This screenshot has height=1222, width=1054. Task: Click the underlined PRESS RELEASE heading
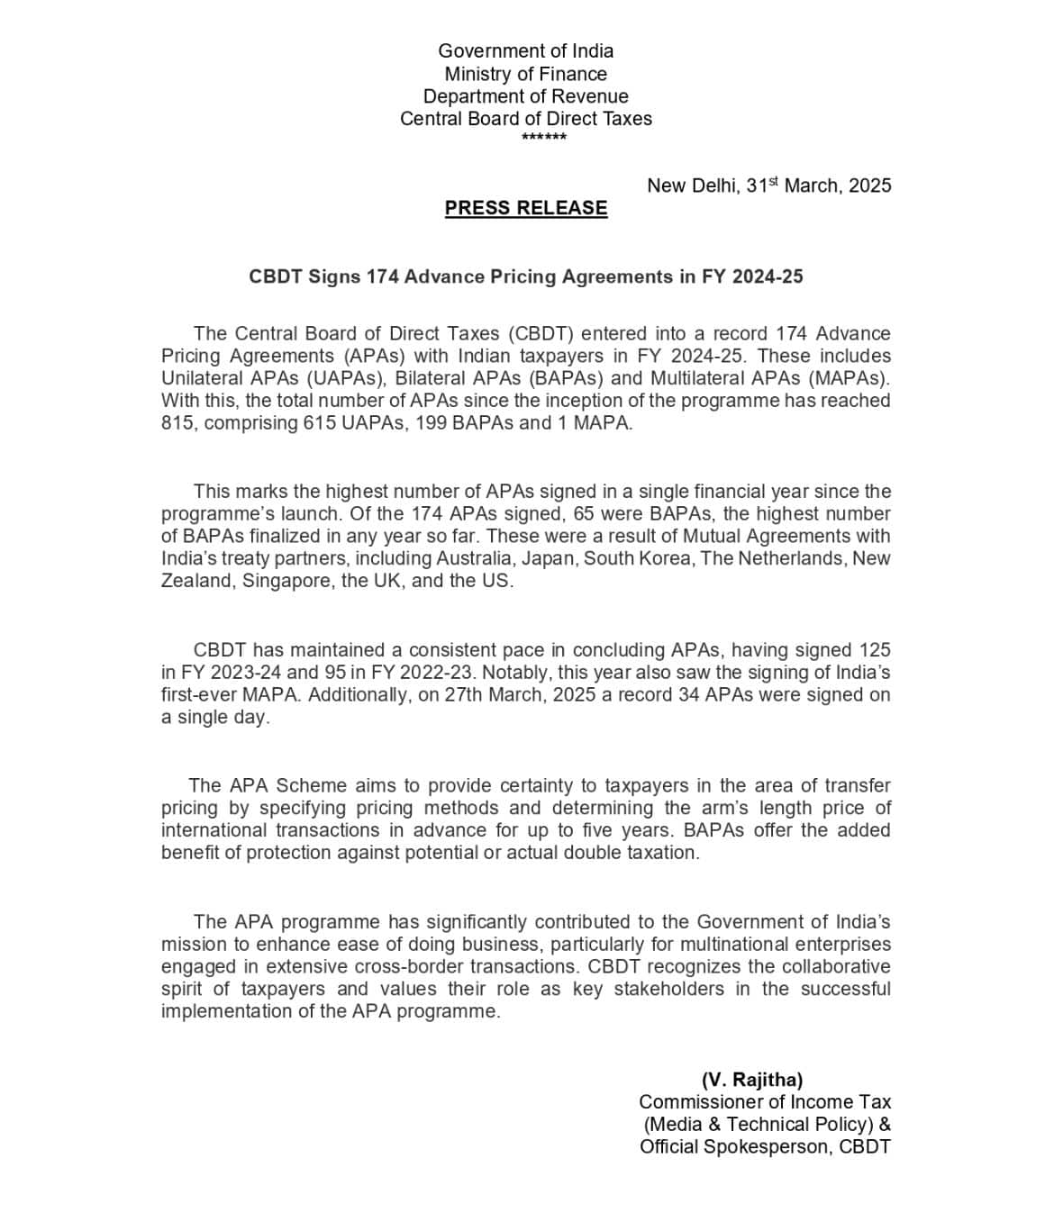click(526, 208)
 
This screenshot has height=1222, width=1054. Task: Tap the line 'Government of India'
click(526, 51)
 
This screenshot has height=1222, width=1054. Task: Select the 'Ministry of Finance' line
click(526, 74)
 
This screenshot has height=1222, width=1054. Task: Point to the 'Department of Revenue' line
click(526, 96)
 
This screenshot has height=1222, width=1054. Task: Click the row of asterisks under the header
click(544, 138)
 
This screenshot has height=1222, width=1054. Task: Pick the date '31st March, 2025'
click(819, 186)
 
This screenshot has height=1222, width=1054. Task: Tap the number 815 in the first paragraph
click(177, 423)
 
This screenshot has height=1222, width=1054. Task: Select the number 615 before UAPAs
click(318, 423)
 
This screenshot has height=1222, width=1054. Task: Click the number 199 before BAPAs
click(430, 423)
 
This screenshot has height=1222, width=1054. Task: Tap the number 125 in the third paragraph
click(875, 650)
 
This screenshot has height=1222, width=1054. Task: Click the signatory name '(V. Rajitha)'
click(752, 1080)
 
